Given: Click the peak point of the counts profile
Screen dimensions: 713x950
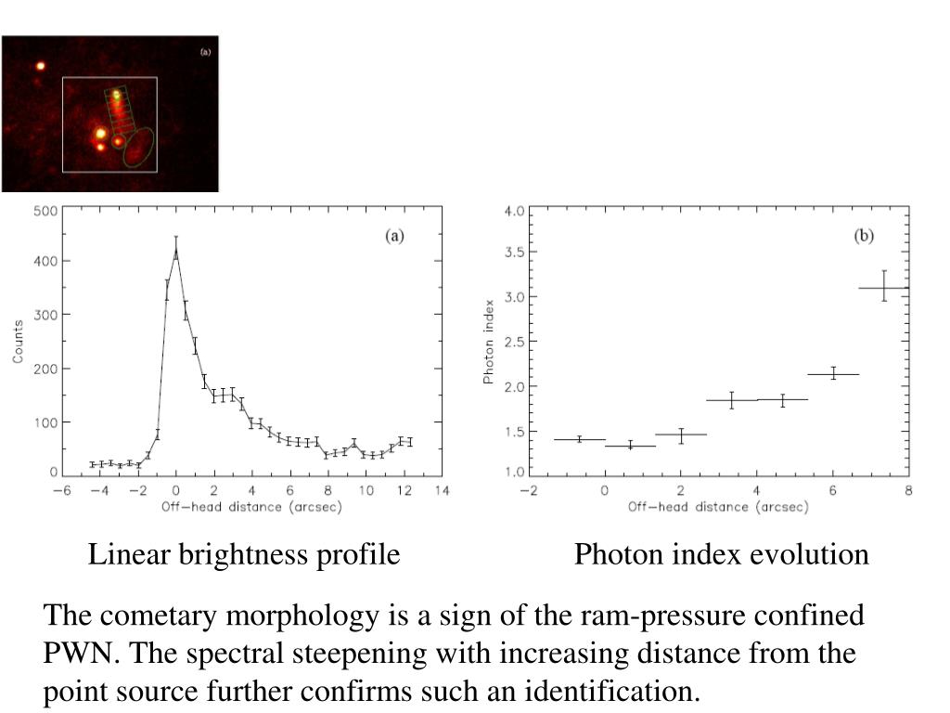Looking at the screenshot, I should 176,249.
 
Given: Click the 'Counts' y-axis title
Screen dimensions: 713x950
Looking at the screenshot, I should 18,343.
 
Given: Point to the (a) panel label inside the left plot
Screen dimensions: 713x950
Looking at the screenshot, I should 395,236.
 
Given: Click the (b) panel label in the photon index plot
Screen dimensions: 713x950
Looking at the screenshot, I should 864,236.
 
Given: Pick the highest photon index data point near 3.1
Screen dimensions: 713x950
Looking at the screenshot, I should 884,287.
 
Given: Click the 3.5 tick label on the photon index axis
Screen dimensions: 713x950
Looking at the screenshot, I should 515,253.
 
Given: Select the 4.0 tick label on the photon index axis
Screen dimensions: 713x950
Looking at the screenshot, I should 515,212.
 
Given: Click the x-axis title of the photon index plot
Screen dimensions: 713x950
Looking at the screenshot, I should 718,507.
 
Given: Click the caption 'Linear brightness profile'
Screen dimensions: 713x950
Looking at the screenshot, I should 244,555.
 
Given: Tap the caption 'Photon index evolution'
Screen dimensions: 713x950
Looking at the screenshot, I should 721,555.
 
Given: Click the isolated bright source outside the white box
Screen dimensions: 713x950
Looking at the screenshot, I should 40,66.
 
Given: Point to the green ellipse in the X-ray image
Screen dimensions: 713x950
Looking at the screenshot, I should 139,148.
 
